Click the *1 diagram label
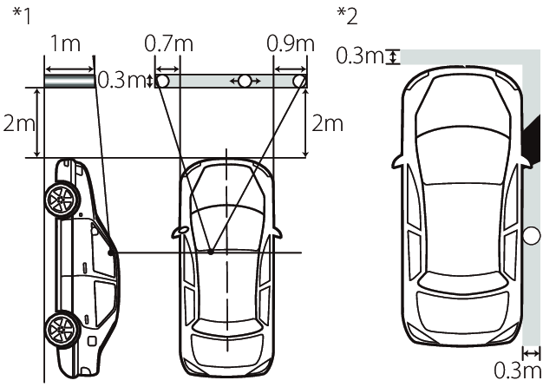tap(22, 16)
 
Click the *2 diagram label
tap(347, 16)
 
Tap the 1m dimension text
tap(65, 43)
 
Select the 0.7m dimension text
tap(168, 43)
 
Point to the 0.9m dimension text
tap(291, 43)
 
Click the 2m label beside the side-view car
tap(19, 123)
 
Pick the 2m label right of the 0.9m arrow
tap(327, 123)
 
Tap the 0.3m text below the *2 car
tap(517, 371)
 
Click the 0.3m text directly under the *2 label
tap(360, 56)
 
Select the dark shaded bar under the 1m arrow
tap(69, 81)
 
